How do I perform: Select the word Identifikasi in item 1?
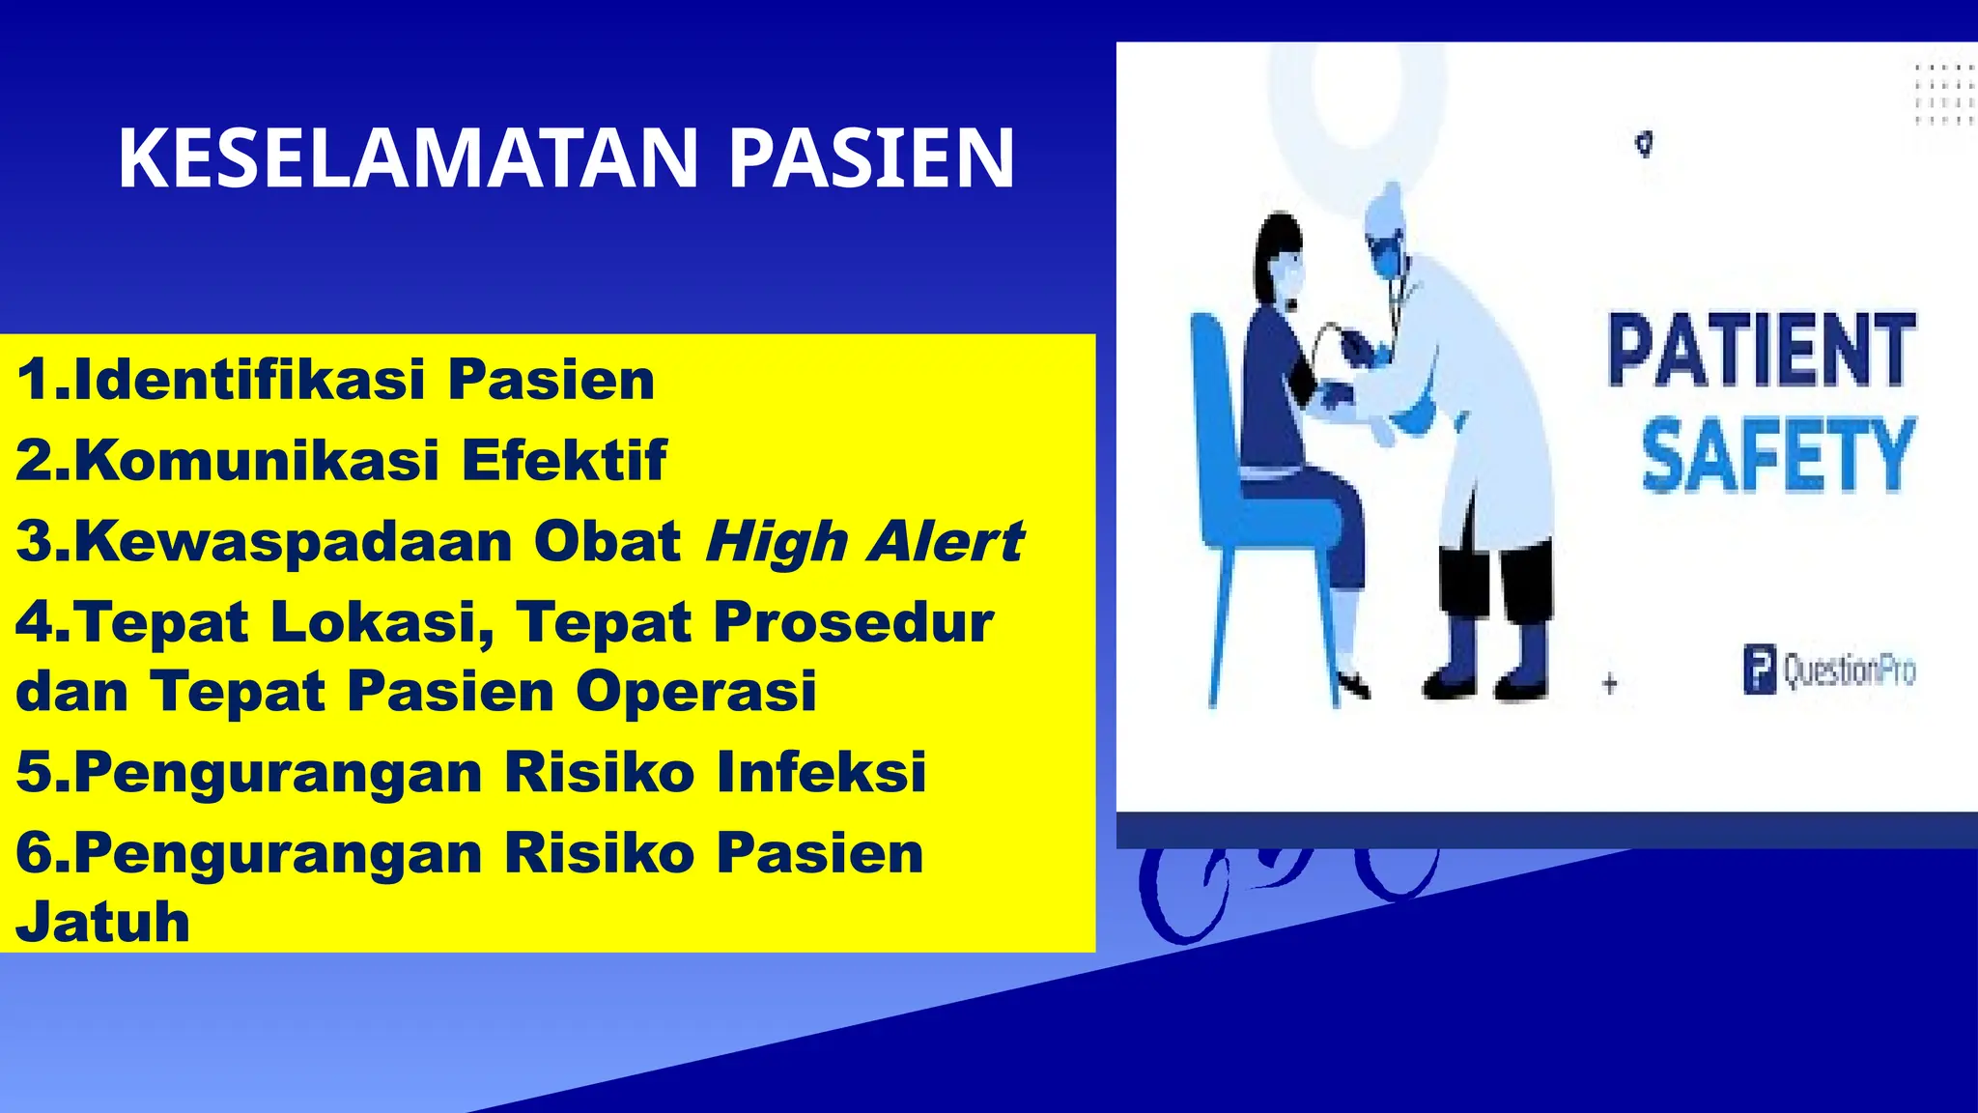tap(249, 379)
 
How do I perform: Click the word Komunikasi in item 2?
tap(257, 460)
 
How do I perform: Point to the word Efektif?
tap(564, 460)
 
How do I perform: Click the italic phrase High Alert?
tap(864, 541)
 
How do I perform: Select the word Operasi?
tap(696, 692)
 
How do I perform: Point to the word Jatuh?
tap(103, 922)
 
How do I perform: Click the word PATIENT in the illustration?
tap(1762, 350)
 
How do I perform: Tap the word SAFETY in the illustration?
tap(1777, 455)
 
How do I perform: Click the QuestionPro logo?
tap(1829, 671)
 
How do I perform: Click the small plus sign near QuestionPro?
tap(1609, 684)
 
